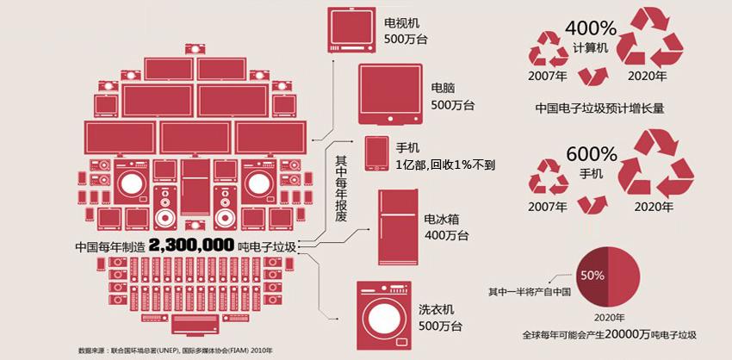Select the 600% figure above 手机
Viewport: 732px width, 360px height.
click(x=592, y=155)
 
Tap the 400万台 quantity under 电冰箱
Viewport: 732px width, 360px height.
click(x=446, y=235)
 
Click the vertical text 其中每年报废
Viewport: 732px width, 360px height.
click(x=340, y=184)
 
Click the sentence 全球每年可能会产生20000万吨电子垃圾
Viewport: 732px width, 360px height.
click(x=608, y=333)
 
